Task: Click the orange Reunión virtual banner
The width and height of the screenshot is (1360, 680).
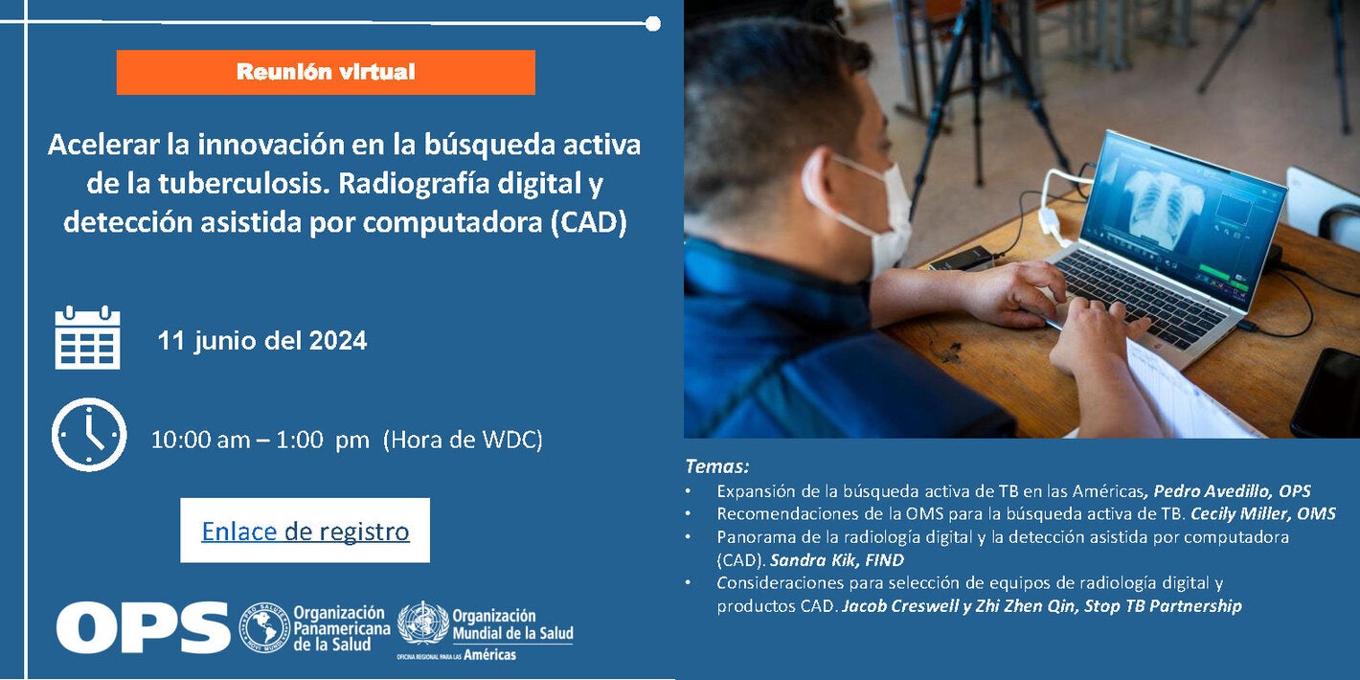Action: (326, 72)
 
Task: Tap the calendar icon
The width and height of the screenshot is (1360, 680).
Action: (87, 338)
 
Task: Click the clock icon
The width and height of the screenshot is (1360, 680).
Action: (88, 435)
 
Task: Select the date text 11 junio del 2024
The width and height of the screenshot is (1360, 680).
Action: (261, 340)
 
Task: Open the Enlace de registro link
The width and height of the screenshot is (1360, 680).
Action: (305, 531)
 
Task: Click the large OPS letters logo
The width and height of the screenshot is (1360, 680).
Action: (143, 627)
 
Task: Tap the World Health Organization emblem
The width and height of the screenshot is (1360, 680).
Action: (422, 625)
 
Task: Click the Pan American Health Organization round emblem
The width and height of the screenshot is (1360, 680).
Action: (263, 627)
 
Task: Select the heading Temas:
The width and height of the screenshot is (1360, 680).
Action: (716, 466)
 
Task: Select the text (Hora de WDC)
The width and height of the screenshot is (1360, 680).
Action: (463, 440)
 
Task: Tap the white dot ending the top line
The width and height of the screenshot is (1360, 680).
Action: (652, 23)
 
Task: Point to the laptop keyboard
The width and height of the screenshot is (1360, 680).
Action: (1140, 292)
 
